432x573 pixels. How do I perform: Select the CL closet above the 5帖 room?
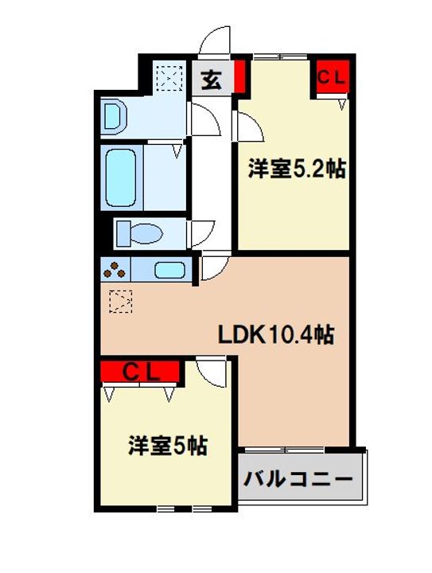click(x=141, y=372)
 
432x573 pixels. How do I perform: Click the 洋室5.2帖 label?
click(x=297, y=170)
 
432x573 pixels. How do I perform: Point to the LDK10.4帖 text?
click(x=276, y=335)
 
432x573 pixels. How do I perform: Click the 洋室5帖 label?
click(x=168, y=446)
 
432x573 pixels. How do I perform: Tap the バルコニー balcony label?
click(x=298, y=480)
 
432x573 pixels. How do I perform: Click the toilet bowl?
click(x=140, y=233)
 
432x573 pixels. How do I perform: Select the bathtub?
click(x=121, y=178)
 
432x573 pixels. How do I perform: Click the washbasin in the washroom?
click(x=115, y=116)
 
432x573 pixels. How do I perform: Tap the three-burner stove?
click(x=115, y=270)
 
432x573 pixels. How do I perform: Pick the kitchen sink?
click(x=169, y=270)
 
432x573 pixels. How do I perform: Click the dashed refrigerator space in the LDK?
click(x=120, y=301)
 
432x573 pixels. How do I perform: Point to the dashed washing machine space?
click(x=169, y=78)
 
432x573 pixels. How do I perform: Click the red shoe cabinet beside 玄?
click(x=239, y=76)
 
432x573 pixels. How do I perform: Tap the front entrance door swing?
click(x=215, y=41)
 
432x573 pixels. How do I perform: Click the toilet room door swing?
click(x=201, y=233)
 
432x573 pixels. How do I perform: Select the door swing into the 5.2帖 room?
click(x=247, y=126)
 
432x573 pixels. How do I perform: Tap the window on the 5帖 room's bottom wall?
click(x=185, y=509)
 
